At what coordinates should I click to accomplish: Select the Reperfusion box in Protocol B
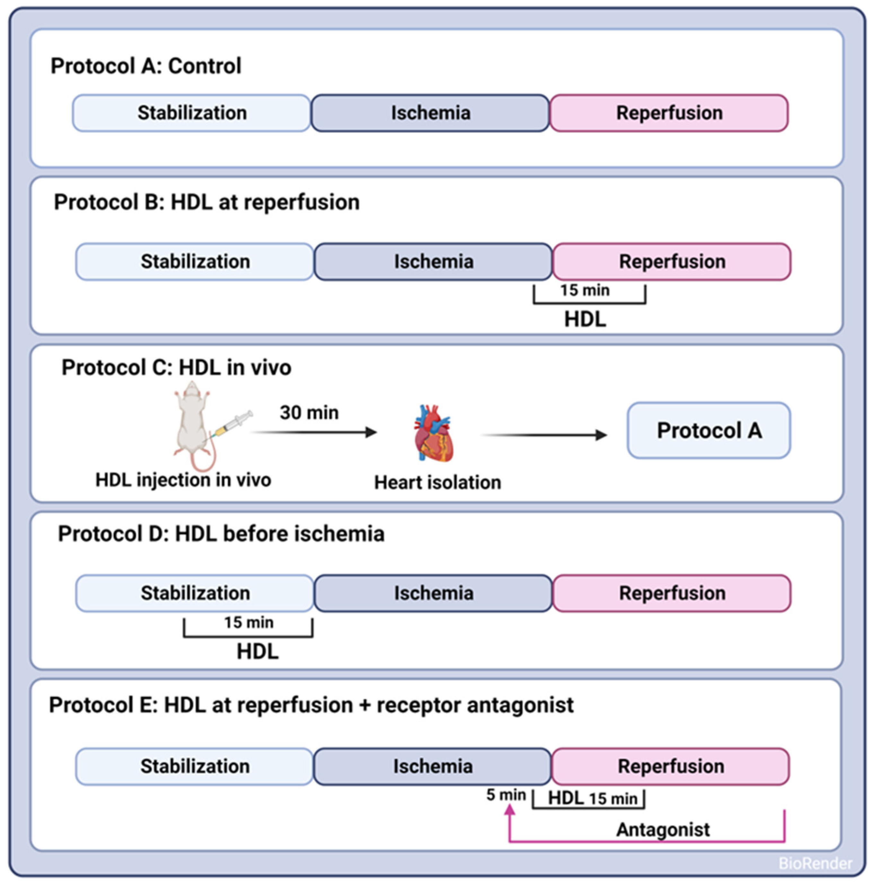(672, 261)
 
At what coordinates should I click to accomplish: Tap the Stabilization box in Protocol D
(195, 593)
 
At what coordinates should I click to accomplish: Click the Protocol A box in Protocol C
(709, 430)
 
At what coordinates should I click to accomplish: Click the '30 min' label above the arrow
(309, 413)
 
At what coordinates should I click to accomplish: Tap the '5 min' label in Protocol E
(506, 795)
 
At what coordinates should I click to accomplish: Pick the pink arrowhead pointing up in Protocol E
(509, 811)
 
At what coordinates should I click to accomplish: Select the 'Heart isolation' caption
(437, 482)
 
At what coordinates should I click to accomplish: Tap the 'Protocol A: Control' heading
(146, 66)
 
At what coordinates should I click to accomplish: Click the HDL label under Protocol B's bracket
(585, 319)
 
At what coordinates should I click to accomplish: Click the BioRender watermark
(815, 863)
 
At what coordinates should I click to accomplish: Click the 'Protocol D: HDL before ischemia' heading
(221, 534)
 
